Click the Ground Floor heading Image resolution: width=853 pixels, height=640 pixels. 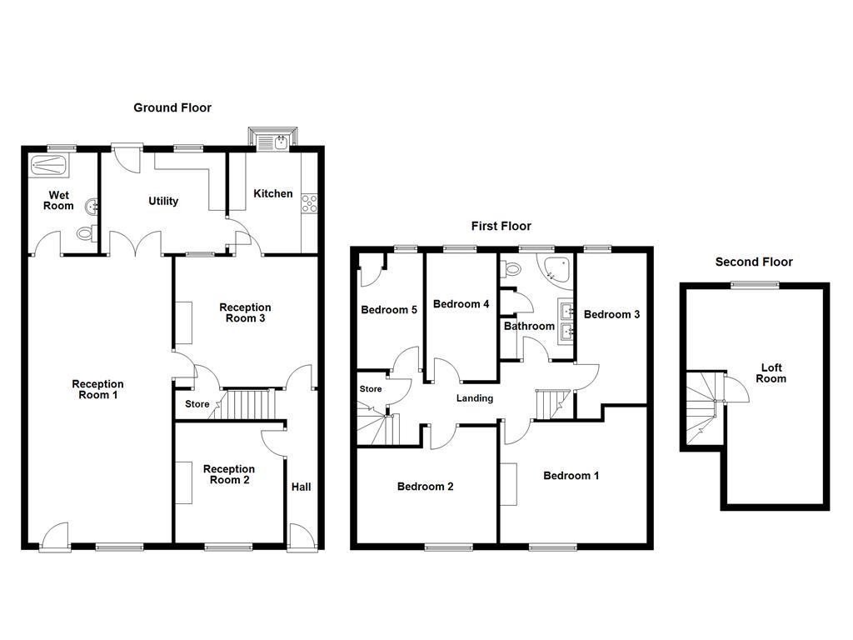tap(172, 107)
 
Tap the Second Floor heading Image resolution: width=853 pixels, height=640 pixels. tap(754, 262)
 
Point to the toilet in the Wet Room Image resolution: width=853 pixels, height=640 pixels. tap(85, 234)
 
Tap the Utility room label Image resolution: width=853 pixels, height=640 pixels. tap(163, 201)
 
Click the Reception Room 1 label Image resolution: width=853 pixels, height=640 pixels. tap(97, 389)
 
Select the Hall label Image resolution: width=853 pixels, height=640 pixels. tap(301, 487)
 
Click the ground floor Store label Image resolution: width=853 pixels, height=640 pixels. tap(197, 405)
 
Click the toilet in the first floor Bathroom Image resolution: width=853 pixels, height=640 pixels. tap(511, 268)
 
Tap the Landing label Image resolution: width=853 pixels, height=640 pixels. tap(475, 398)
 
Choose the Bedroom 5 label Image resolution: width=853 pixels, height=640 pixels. tap(389, 310)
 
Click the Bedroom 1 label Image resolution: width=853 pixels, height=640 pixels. tap(571, 476)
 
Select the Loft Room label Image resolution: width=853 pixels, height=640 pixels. tap(771, 373)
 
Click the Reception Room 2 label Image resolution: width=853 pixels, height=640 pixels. tap(229, 474)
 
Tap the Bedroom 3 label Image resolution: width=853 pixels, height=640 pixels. tap(611, 314)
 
